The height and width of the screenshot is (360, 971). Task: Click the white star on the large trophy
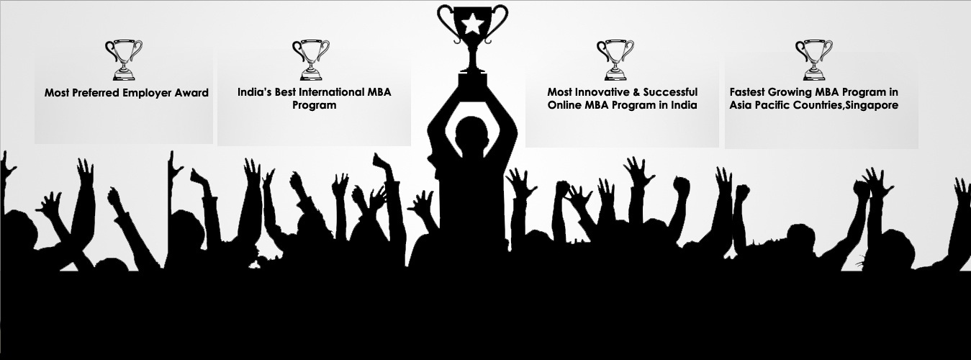click(472, 23)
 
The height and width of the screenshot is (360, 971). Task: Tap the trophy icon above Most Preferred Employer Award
click(124, 60)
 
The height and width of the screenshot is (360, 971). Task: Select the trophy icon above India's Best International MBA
click(311, 60)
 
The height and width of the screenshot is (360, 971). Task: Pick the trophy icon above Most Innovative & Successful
click(615, 60)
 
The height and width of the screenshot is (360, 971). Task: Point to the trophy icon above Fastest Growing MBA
click(813, 60)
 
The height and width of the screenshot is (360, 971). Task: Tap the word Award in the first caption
click(191, 93)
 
